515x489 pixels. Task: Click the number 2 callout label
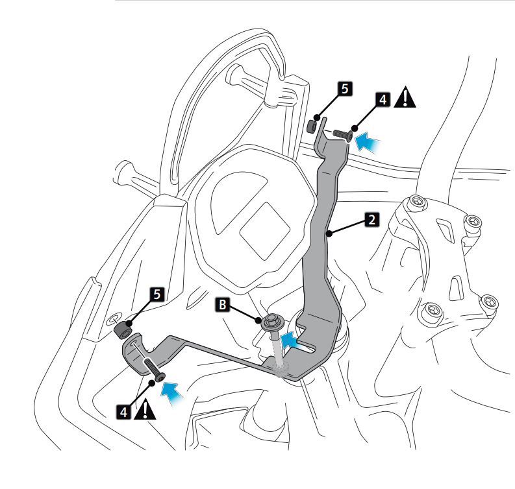pos(370,220)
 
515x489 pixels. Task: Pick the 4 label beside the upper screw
pos(383,100)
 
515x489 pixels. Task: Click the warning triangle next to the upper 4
pos(406,99)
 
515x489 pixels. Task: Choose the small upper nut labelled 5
pos(312,124)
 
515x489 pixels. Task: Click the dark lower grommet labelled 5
pos(121,331)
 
